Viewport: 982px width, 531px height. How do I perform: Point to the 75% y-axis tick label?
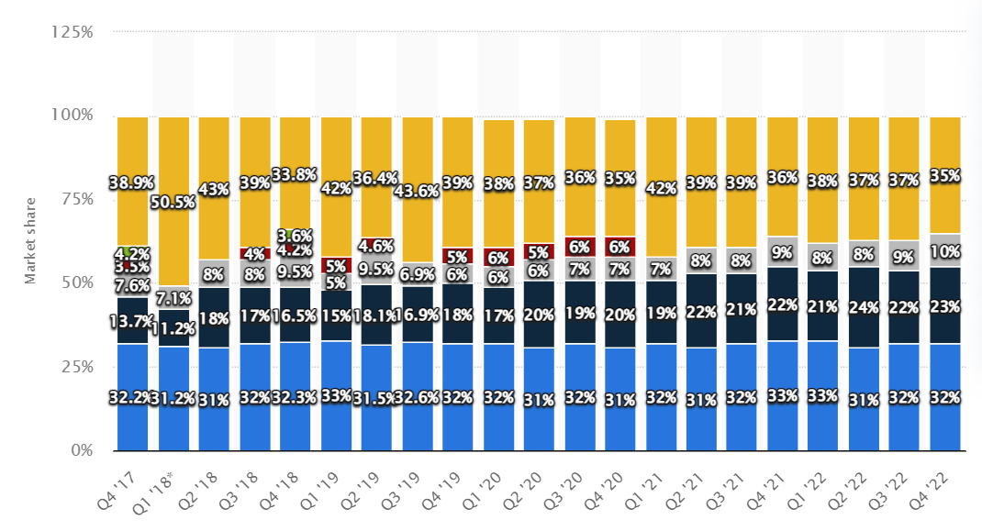point(75,199)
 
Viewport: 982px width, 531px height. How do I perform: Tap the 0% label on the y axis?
point(82,450)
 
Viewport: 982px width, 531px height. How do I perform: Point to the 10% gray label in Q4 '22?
point(945,250)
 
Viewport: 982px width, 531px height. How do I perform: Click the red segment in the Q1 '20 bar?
point(499,258)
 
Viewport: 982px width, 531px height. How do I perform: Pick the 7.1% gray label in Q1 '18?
point(174,298)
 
